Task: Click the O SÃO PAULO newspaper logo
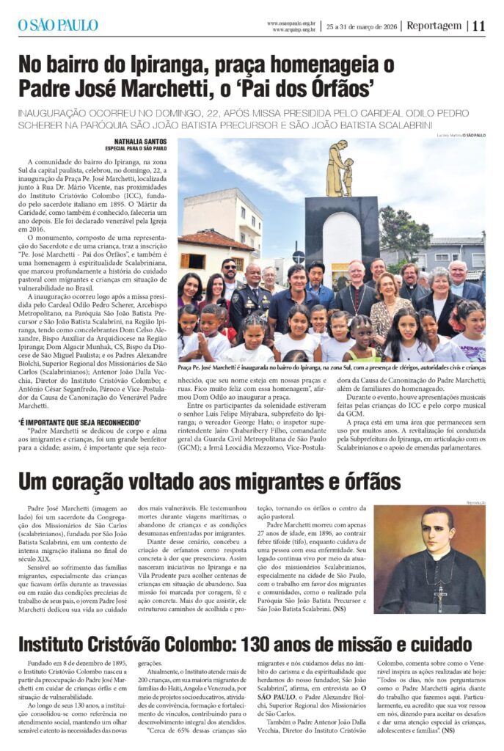(58, 25)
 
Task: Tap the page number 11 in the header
(478, 26)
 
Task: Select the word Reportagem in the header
(434, 26)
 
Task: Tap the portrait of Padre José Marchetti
(429, 559)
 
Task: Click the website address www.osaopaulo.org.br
(291, 23)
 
